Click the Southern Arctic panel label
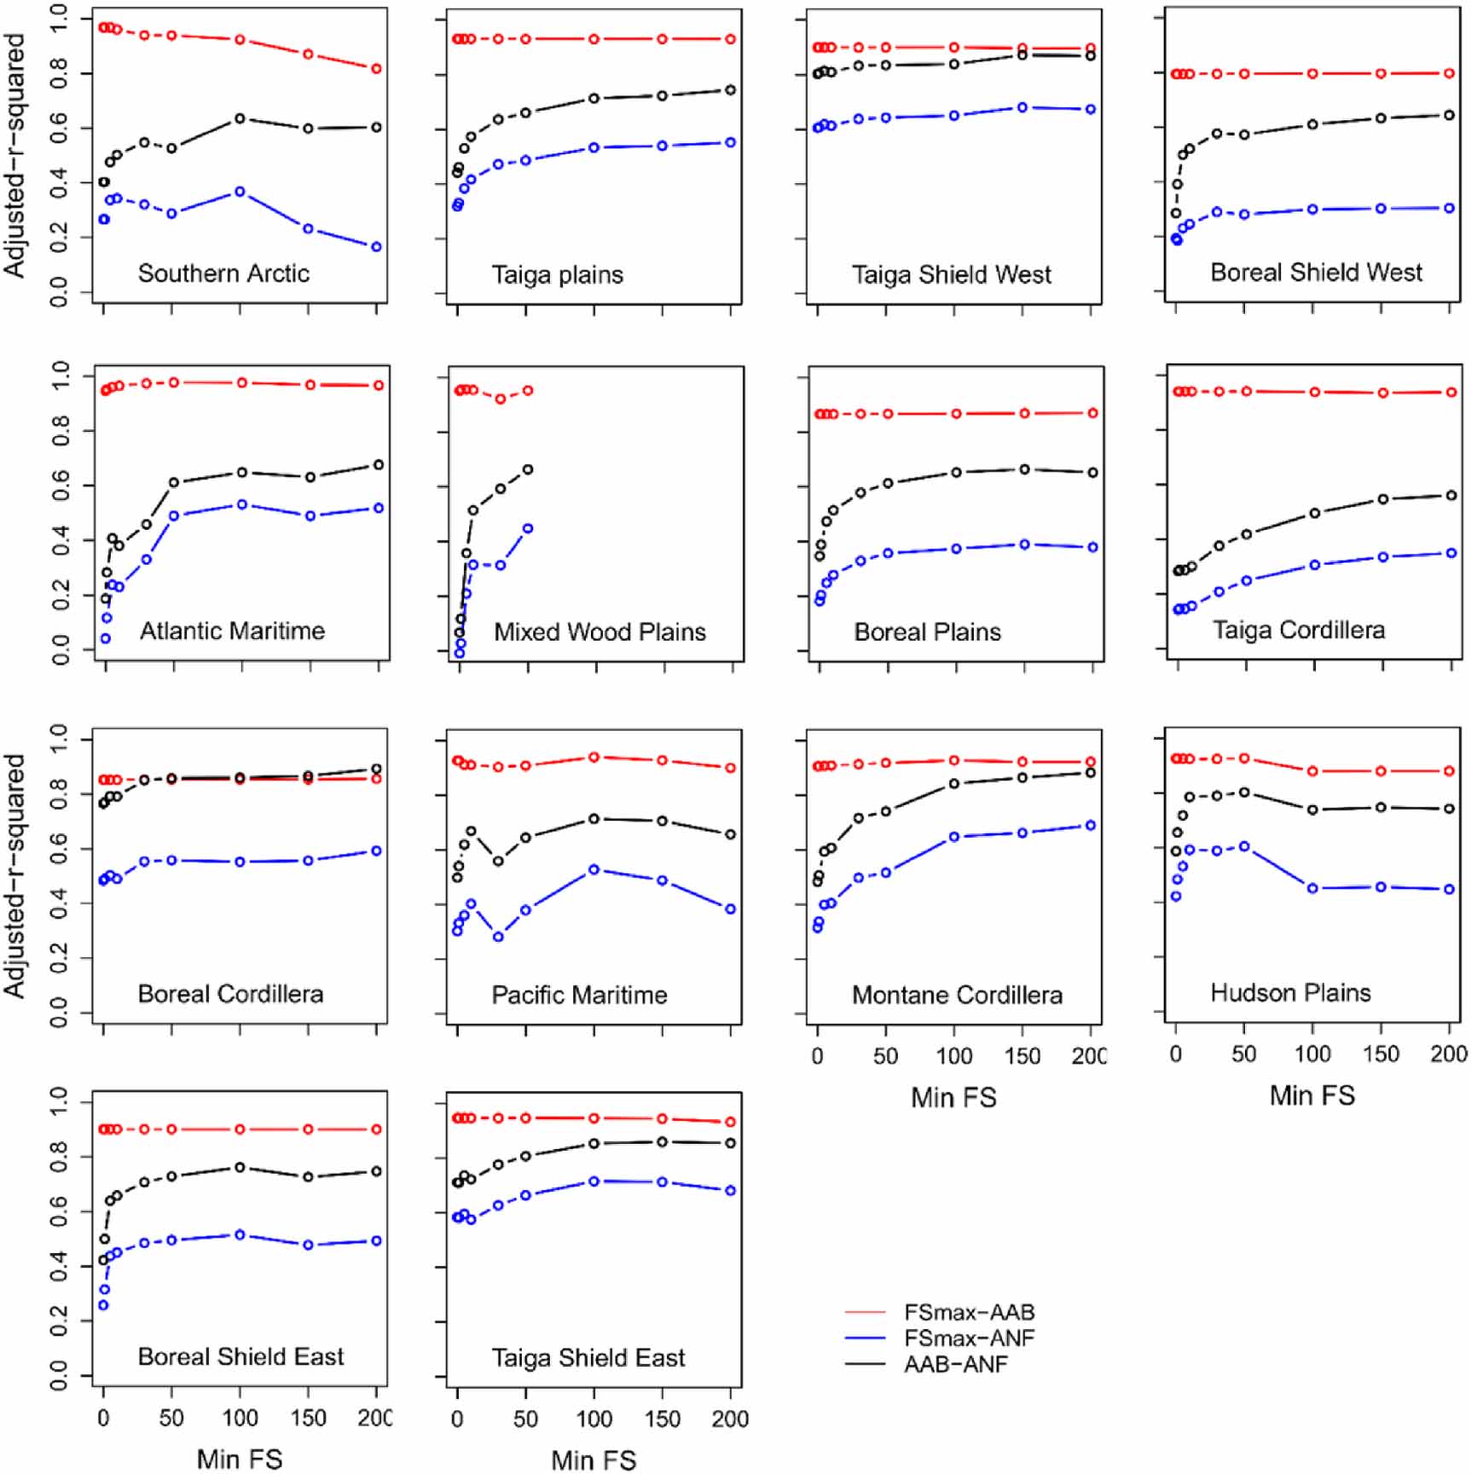(223, 273)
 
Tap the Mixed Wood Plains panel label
(599, 632)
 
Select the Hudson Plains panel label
(1290, 993)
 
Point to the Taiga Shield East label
(588, 1357)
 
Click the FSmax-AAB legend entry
(969, 1313)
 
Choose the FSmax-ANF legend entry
(969, 1338)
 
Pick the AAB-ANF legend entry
(955, 1364)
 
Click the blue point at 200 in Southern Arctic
(377, 247)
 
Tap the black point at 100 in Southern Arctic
(240, 119)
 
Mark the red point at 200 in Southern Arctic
(377, 69)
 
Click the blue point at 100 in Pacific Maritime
(594, 870)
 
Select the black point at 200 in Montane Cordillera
(1091, 773)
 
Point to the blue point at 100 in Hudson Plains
(1313, 889)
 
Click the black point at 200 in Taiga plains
(731, 90)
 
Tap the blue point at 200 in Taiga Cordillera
(1451, 554)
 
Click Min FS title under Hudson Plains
(1312, 1096)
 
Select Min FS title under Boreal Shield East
(240, 1459)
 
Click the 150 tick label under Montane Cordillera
(1022, 1056)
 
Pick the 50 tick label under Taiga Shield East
(526, 1419)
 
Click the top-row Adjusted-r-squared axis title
(14, 155)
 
